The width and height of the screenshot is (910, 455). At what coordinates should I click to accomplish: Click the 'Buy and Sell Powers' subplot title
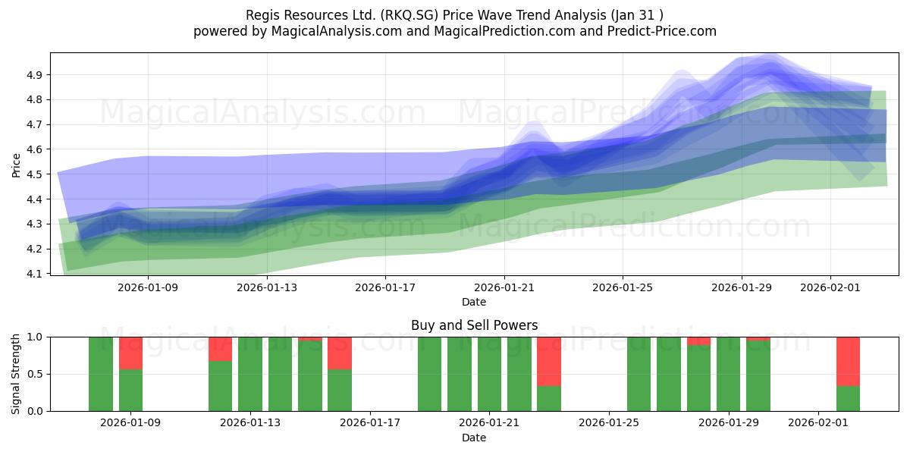coord(474,325)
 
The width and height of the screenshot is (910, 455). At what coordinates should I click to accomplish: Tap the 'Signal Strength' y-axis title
coord(17,374)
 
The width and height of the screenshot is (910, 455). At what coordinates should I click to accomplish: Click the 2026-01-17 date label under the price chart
coord(385,287)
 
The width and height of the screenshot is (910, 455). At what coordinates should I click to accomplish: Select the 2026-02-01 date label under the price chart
coord(830,287)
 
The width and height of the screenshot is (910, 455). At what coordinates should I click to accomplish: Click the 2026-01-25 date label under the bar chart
coord(609,423)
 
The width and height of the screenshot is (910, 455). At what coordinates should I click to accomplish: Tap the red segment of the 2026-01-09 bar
coord(130,353)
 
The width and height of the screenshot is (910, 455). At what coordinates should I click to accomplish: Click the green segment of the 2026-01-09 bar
coord(130,391)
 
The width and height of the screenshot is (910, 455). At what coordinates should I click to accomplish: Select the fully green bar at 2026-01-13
coord(250,374)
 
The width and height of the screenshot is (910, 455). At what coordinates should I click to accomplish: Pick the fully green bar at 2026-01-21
coord(489,374)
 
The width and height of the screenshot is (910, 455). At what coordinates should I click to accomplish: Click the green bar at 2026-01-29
coord(728,374)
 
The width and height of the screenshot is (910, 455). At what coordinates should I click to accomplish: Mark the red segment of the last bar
coord(848,361)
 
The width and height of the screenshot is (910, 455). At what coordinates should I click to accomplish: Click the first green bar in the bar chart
coord(101,374)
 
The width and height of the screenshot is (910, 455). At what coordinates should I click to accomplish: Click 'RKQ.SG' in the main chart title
coord(413,15)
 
